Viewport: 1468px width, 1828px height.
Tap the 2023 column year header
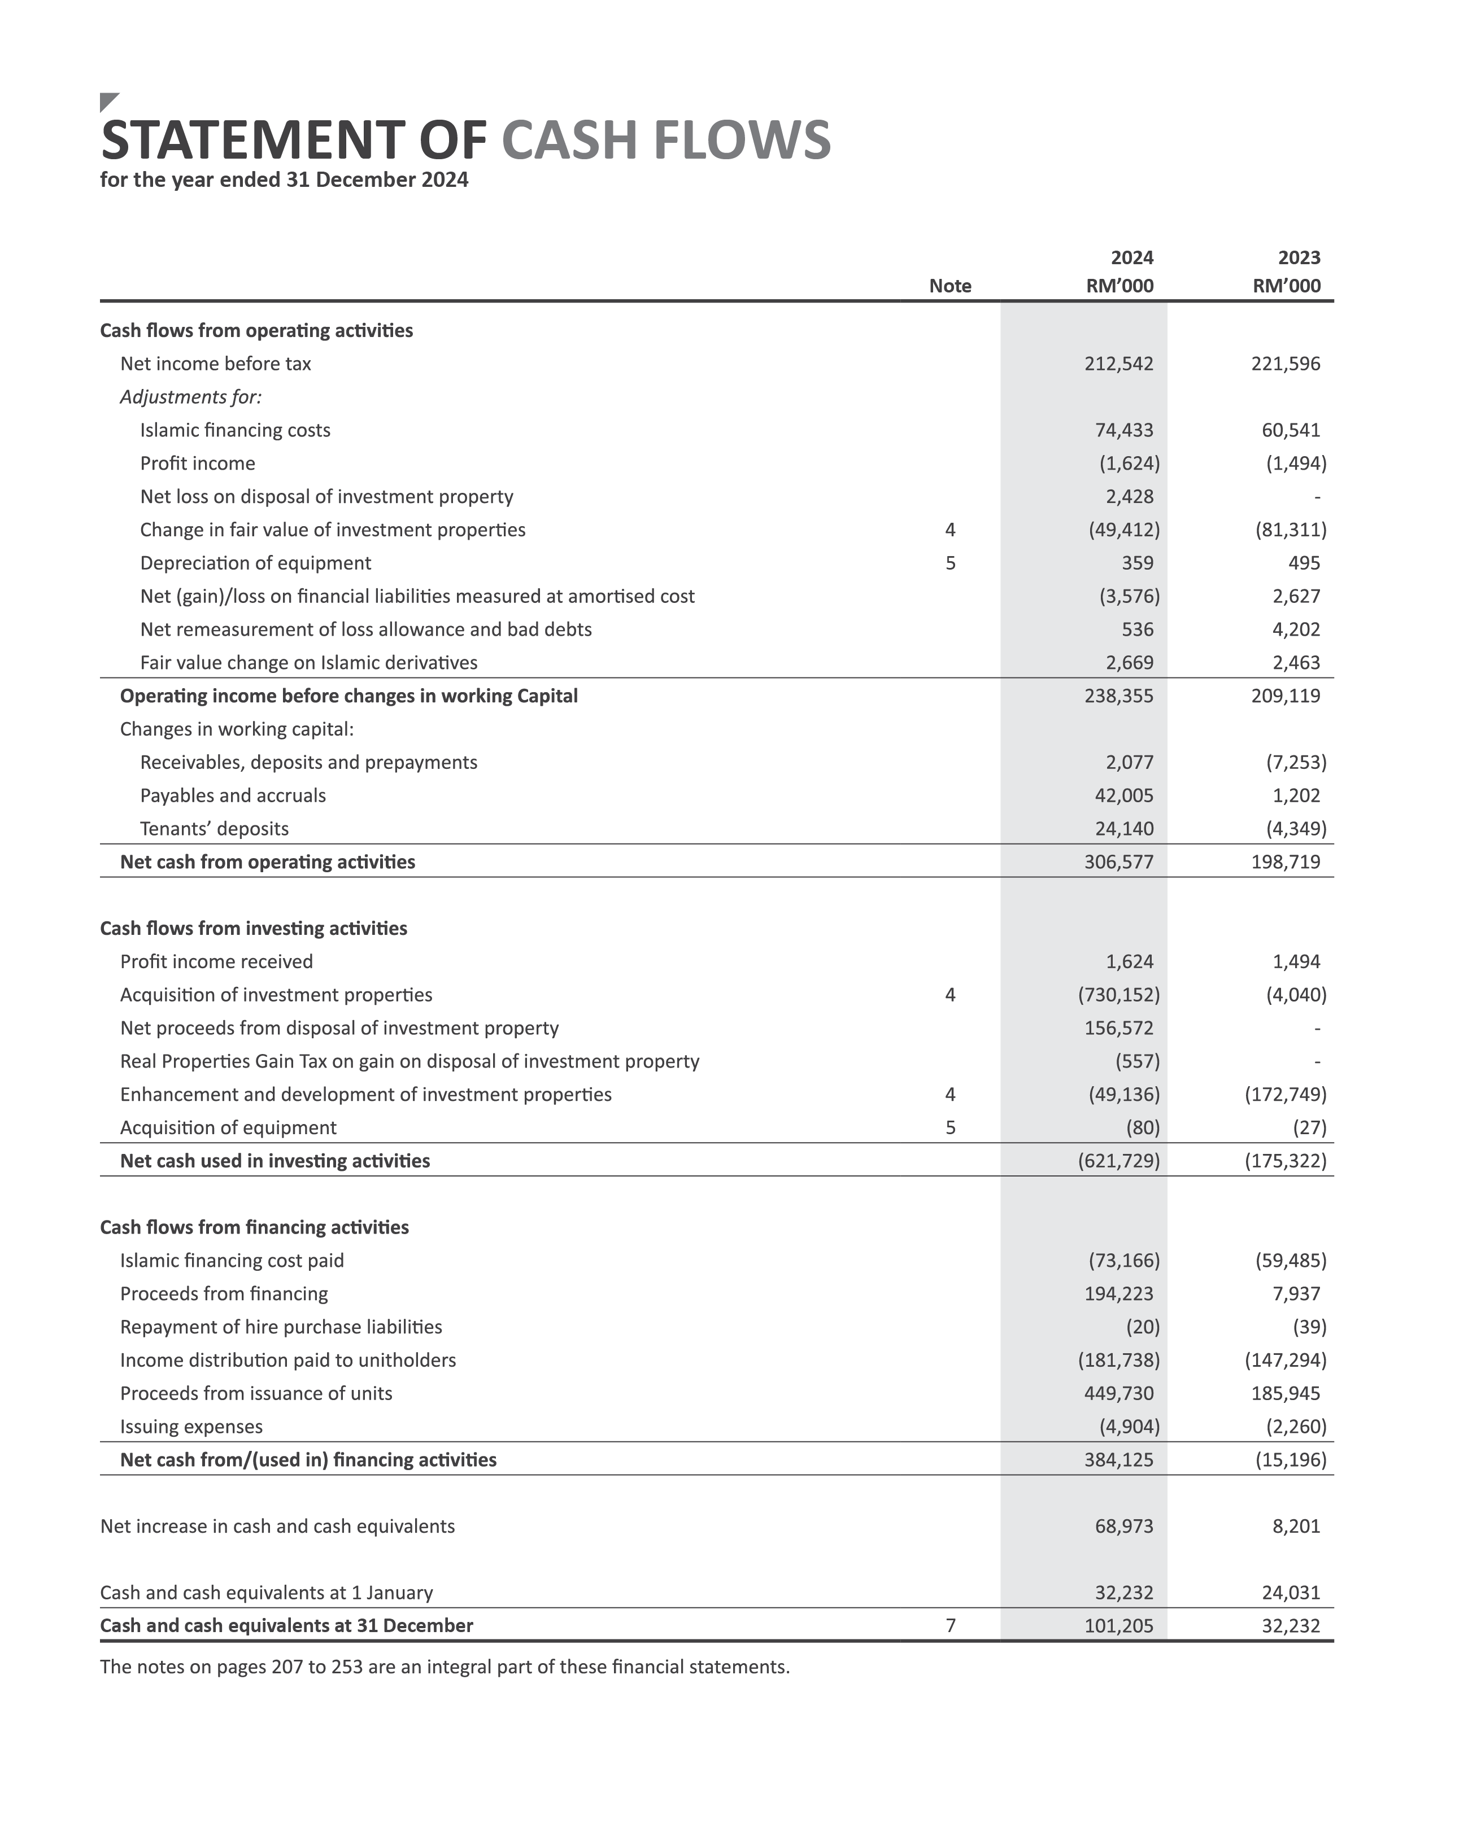click(1299, 258)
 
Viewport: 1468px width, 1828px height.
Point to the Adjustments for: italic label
click(191, 397)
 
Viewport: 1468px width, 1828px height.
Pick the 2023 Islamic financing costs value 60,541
click(1290, 430)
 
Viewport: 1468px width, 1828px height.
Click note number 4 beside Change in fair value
click(950, 530)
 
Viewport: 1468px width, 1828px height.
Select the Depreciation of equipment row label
click(255, 563)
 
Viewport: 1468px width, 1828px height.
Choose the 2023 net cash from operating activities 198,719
click(1285, 862)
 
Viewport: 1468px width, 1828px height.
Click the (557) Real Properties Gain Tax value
click(1136, 1061)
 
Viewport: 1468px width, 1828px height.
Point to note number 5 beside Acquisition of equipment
click(950, 1127)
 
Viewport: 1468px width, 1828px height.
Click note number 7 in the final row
click(950, 1625)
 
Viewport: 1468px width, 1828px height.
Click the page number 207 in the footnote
click(286, 1667)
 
